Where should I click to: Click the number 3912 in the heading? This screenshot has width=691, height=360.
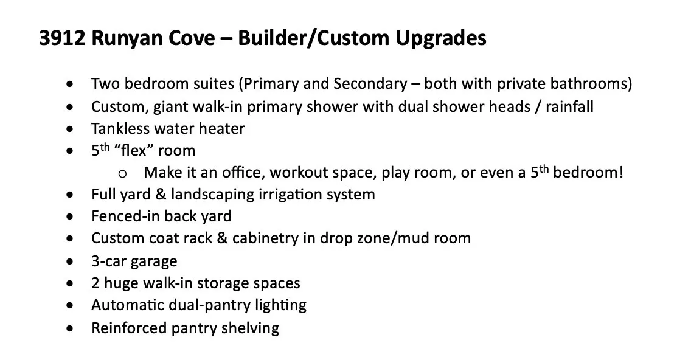[x=62, y=38]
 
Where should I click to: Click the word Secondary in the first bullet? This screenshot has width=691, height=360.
[x=370, y=84]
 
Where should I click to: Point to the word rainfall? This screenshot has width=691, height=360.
[x=569, y=106]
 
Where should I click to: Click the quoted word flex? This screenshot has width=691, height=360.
[x=133, y=150]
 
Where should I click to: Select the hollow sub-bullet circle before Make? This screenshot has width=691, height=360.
[x=122, y=173]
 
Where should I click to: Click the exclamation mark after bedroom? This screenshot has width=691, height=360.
[x=621, y=172]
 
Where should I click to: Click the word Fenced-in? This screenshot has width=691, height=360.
[x=124, y=216]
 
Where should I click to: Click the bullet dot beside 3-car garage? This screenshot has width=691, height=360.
[x=70, y=261]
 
